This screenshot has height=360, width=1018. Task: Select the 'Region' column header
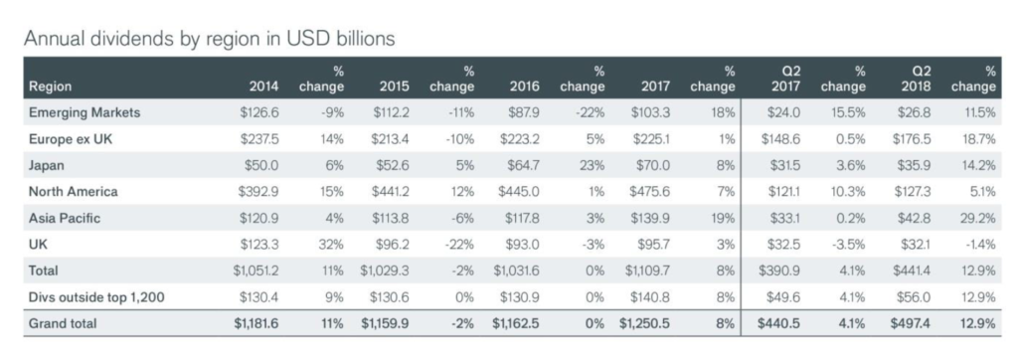point(50,87)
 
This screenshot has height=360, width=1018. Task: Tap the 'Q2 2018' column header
point(918,79)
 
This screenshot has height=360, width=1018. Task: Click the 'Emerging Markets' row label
point(85,112)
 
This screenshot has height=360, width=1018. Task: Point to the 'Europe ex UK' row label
point(71,139)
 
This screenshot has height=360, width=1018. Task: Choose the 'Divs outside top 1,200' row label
point(96,297)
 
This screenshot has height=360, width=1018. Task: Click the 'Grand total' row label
point(63,323)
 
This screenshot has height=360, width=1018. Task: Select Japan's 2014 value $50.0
point(261,166)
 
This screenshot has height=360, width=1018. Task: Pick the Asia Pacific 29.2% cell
point(978,219)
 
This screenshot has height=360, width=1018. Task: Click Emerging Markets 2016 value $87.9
point(523,112)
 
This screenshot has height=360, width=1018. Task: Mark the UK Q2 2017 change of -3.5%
point(849,245)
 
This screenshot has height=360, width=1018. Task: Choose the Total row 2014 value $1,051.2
point(256,270)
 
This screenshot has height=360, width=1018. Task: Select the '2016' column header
point(525,87)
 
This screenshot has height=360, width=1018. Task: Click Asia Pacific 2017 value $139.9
point(650,219)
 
